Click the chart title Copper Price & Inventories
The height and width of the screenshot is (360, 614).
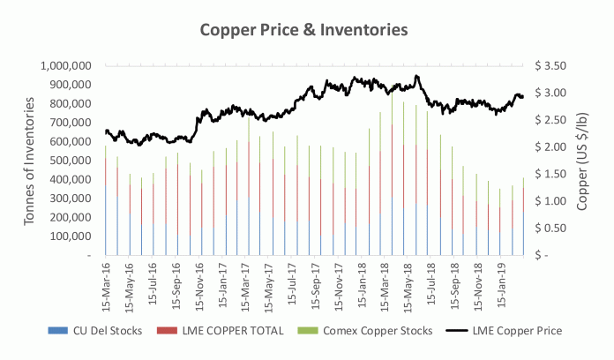coord(304,29)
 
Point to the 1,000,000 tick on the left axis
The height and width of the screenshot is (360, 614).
coord(67,66)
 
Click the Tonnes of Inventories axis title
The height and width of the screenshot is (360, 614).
coord(29,160)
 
